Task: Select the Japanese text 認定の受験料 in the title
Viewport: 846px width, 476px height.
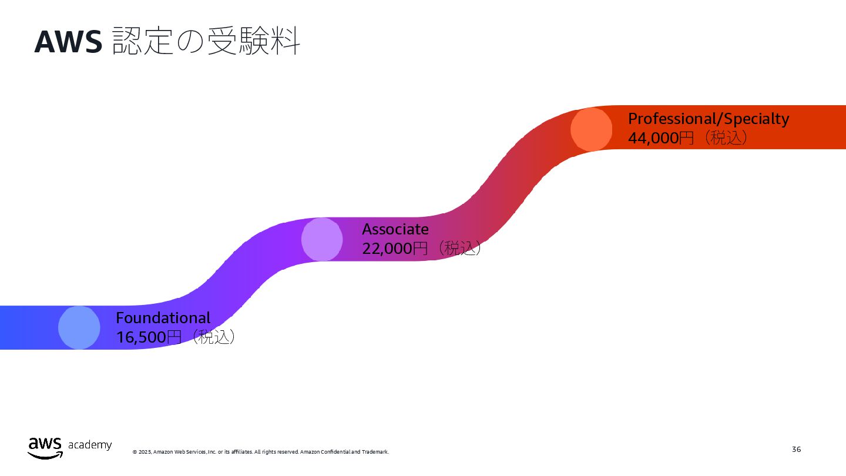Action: click(206, 41)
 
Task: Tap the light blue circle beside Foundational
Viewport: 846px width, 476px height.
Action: click(79, 327)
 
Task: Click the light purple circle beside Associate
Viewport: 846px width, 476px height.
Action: click(322, 239)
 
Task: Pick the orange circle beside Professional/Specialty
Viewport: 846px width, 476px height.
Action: click(592, 129)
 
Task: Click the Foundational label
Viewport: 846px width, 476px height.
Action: click(163, 318)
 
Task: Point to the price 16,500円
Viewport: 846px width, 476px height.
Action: click(149, 337)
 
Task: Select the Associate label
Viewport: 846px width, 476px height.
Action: click(395, 229)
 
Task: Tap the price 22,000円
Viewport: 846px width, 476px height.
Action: click(394, 249)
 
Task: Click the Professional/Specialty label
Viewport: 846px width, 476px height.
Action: click(709, 119)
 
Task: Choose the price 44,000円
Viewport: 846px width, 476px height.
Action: click(661, 138)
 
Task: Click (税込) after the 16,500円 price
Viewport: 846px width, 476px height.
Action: click(213, 337)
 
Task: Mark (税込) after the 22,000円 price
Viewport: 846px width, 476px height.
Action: click(458, 249)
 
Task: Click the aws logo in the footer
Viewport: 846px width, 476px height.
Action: click(45, 448)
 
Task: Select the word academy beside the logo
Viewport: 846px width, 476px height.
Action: click(90, 445)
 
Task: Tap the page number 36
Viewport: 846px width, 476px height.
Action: click(796, 450)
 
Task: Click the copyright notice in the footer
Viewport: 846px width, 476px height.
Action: click(260, 452)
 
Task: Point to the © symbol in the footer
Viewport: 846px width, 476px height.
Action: click(135, 452)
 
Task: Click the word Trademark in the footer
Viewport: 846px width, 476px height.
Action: click(375, 452)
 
